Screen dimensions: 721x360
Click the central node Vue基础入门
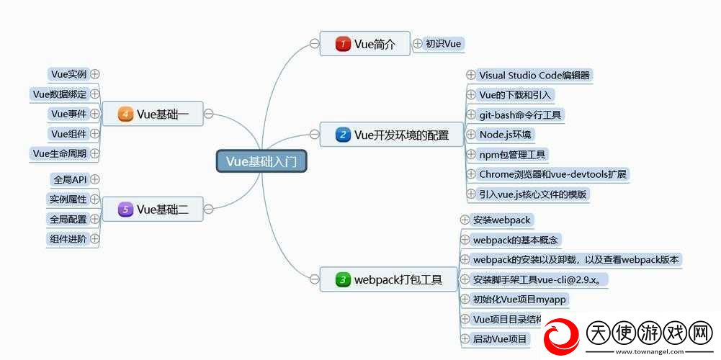261,161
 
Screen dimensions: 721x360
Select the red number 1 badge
343,44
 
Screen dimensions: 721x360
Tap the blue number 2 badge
343,135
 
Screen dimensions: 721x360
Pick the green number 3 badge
343,279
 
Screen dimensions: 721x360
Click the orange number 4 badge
125,114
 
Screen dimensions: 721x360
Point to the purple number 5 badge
125,210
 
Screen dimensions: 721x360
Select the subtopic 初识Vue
443,44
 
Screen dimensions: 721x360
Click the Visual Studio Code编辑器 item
534,75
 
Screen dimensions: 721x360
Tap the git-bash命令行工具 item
520,114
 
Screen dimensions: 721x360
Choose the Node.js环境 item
505,135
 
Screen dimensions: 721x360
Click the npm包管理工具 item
512,155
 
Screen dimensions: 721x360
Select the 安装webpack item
501,220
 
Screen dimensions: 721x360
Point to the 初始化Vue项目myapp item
519,300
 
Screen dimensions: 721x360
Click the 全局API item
71,179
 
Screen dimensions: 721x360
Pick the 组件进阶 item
68,239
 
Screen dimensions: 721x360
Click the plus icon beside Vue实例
95,74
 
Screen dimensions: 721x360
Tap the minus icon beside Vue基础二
208,210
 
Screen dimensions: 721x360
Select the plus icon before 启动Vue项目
465,339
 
